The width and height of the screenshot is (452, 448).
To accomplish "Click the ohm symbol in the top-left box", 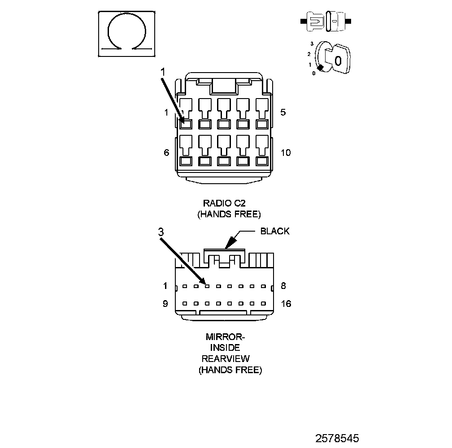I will [x=127, y=34].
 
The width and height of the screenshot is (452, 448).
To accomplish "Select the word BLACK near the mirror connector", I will [x=275, y=231].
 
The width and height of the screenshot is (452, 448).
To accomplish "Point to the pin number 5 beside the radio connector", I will [x=283, y=112].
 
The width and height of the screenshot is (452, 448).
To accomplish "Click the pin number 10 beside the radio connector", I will [x=286, y=153].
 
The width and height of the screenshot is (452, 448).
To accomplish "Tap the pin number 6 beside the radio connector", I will [x=166, y=153].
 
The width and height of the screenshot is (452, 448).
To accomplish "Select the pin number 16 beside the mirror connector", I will [x=286, y=304].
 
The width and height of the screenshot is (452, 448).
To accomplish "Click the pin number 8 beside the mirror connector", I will [x=283, y=286].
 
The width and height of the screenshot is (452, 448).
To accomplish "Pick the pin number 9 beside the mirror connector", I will [x=165, y=304].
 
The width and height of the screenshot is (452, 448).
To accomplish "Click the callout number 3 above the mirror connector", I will [x=161, y=232].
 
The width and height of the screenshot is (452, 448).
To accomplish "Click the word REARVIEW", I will [x=226, y=359].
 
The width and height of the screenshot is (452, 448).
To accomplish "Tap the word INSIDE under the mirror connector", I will [x=226, y=348].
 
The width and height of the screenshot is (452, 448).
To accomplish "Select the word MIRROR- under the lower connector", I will [x=226, y=336].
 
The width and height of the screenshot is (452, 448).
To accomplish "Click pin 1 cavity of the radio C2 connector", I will [x=186, y=124].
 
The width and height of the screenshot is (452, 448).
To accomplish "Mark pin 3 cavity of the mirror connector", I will [x=207, y=286].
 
